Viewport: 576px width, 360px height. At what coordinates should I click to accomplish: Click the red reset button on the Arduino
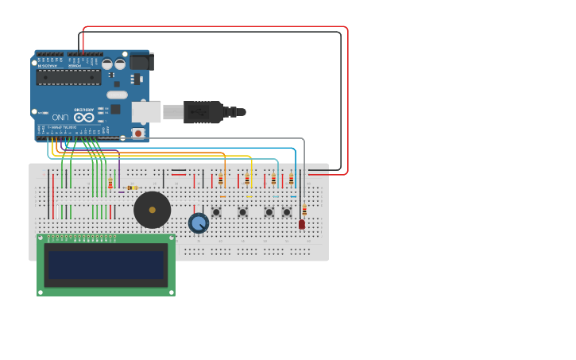[x=138, y=134]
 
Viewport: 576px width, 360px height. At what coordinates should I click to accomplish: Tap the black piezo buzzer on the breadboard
[x=152, y=210]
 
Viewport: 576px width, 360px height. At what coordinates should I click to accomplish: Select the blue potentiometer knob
[x=199, y=223]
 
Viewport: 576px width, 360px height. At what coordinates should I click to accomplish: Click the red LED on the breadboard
[x=302, y=225]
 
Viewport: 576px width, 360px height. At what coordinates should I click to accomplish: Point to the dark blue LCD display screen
[x=106, y=265]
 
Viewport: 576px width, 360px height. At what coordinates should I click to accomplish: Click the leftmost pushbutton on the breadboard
[x=216, y=212]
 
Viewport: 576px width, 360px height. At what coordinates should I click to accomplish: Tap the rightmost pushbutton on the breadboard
[x=287, y=212]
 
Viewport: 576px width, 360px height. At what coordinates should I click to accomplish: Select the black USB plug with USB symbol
[x=203, y=112]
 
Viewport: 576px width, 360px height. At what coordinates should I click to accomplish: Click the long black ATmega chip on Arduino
[x=68, y=77]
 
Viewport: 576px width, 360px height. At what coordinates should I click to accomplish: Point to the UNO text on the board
[x=60, y=118]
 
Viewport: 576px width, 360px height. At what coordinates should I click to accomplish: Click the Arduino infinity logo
[x=84, y=118]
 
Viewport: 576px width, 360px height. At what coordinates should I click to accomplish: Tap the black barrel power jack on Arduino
[x=141, y=61]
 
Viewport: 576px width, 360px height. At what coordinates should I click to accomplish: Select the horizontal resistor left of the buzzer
[x=132, y=188]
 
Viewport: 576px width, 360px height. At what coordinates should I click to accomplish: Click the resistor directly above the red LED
[x=304, y=210]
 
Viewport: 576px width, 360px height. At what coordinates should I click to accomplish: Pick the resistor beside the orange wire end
[x=221, y=180]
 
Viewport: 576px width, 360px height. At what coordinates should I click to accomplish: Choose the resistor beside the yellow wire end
[x=247, y=180]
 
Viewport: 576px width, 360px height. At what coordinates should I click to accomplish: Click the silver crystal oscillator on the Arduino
[x=117, y=95]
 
